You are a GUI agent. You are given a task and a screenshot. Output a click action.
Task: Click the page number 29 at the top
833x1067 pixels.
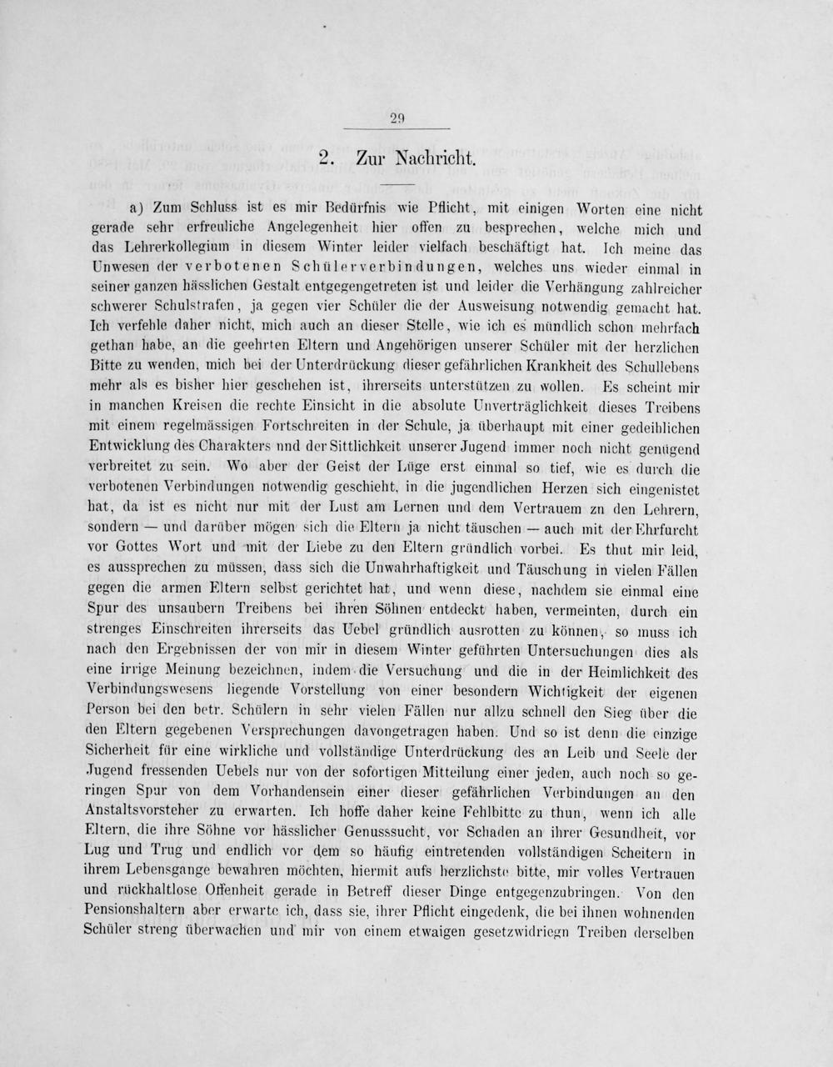coord(397,119)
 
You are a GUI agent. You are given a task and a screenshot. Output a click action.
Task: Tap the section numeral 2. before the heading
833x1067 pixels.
coord(327,158)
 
